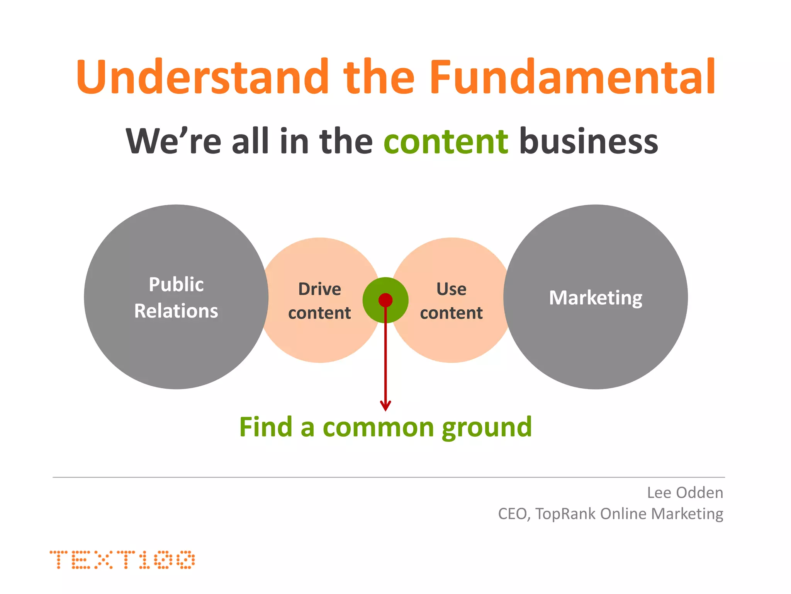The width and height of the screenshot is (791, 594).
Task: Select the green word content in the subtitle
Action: pos(446,142)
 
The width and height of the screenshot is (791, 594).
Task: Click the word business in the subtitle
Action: pos(589,141)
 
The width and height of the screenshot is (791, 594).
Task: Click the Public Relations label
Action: pos(176,297)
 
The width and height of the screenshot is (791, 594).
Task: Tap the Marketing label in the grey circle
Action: pos(596,298)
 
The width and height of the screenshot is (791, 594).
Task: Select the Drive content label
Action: pos(319,301)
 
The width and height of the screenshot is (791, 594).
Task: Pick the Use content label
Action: pos(451,301)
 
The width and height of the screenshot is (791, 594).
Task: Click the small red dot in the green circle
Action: pos(385,300)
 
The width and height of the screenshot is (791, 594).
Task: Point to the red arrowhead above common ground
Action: pos(385,406)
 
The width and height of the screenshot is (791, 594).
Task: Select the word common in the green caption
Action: pos(378,428)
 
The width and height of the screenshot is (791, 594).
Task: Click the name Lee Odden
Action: pos(685,493)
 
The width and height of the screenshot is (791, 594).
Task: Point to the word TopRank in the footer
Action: pos(566,514)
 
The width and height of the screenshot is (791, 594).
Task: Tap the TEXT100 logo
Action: pos(122,559)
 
